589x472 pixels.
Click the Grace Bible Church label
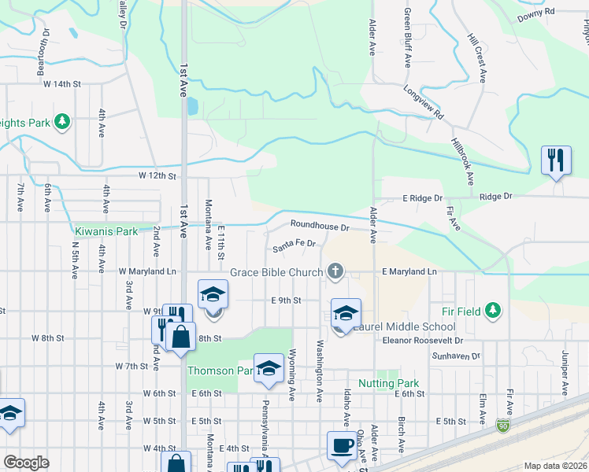point(276,273)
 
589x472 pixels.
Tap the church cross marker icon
point(335,272)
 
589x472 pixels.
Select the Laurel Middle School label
point(403,326)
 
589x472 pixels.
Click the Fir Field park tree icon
point(493,311)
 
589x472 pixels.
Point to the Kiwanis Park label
point(106,231)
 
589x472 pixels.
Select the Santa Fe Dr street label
point(294,246)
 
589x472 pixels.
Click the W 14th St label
point(62,83)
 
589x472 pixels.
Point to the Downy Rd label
point(536,13)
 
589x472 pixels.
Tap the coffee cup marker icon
point(343,445)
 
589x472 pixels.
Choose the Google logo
point(26,463)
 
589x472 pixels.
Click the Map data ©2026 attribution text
point(556,466)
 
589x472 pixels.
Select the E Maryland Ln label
point(409,271)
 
